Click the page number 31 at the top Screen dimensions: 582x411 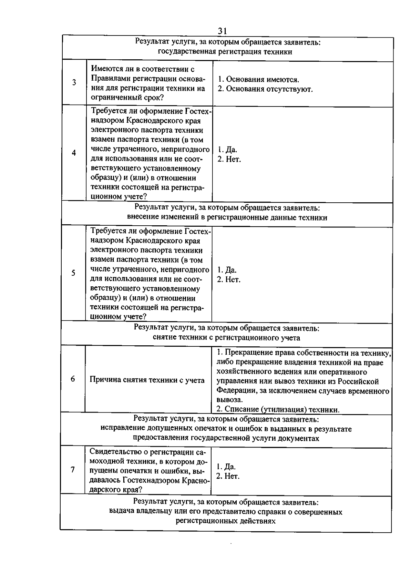tap(222, 31)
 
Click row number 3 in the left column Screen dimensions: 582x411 tap(74, 83)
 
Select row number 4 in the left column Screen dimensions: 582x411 tap(74, 153)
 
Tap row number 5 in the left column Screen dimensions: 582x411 tap(73, 273)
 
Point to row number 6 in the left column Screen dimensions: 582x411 tap(73, 379)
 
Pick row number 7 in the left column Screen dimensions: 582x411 tap(73, 470)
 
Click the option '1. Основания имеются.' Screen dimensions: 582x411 tap(259, 80)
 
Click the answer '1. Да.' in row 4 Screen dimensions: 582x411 tap(227, 150)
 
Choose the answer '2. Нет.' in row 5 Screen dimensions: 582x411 tap(228, 280)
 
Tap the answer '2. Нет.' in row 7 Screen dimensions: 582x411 tap(228, 476)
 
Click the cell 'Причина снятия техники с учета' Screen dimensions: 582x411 tap(147, 380)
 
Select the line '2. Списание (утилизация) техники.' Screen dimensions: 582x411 tap(278, 409)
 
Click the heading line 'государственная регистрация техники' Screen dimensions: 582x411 tap(225, 52)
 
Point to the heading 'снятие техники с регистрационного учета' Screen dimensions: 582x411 tap(226, 338)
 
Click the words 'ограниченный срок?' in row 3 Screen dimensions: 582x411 tap(127, 98)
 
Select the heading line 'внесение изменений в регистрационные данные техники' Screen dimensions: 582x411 tap(227, 217)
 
